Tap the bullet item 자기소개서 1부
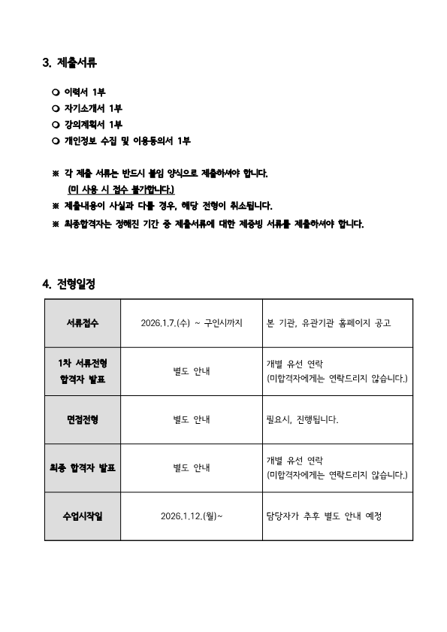tap(93, 108)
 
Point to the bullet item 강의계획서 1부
tap(93, 124)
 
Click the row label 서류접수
tap(83, 322)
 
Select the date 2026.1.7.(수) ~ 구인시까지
tap(192, 322)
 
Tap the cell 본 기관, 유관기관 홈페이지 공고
tap(329, 322)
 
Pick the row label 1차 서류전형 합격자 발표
tap(83, 371)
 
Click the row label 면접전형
tap(83, 419)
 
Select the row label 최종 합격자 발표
tap(83, 467)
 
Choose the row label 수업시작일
tap(83, 516)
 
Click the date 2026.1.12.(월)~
tap(192, 516)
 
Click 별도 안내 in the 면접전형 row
tap(192, 419)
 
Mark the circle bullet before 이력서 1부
tap(56, 92)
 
